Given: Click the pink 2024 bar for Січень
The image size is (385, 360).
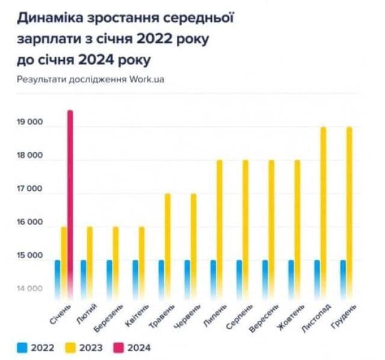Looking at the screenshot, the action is pyautogui.click(x=70, y=205).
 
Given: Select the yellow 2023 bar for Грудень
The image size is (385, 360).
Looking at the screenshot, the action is pyautogui.click(x=350, y=213).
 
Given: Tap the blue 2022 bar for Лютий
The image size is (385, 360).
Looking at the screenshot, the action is pyautogui.click(x=84, y=280).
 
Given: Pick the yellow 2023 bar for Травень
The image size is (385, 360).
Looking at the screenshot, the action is pyautogui.click(x=167, y=247).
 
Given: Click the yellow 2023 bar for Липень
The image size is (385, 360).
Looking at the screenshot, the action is pyautogui.click(x=220, y=230).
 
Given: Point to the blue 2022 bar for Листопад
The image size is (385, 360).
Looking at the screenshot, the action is pyautogui.click(x=317, y=280).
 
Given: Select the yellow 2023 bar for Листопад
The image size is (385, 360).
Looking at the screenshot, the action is pyautogui.click(x=324, y=213).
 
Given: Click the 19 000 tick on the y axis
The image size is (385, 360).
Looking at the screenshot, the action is pyautogui.click(x=29, y=122).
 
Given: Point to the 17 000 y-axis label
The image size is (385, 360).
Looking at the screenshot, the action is pyautogui.click(x=29, y=188).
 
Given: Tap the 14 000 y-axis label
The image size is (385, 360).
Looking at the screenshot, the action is pyautogui.click(x=29, y=288).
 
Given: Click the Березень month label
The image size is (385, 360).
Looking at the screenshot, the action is pyautogui.click(x=108, y=318).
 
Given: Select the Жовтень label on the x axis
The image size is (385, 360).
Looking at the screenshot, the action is pyautogui.click(x=291, y=317).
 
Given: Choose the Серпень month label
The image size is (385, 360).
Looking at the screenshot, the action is pyautogui.click(x=239, y=317).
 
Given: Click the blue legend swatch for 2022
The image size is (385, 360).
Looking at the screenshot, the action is pyautogui.click(x=22, y=348).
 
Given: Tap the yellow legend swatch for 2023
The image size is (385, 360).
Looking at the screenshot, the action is pyautogui.click(x=70, y=348).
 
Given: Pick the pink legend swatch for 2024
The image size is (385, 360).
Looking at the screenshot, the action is pyautogui.click(x=119, y=348).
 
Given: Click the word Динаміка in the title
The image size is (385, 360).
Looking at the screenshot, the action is pyautogui.click(x=50, y=18).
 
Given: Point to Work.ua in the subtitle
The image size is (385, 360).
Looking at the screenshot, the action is pyautogui.click(x=147, y=79).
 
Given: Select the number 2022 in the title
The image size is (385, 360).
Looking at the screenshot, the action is pyautogui.click(x=155, y=39).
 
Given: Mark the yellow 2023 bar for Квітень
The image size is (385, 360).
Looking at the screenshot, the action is pyautogui.click(x=142, y=263).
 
